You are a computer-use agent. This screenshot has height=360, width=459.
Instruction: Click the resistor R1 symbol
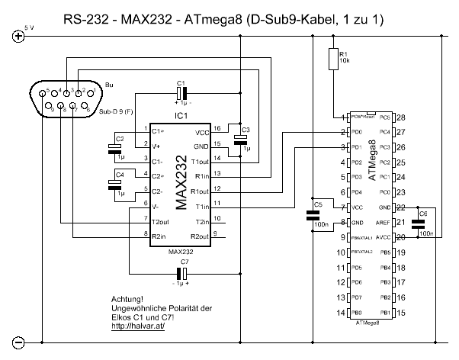coord(333,59)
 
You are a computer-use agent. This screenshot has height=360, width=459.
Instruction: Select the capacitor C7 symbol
coord(182,272)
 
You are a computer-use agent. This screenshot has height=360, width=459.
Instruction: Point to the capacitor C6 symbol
coord(417,223)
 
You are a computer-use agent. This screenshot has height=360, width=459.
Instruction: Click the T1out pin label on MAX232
coord(200,160)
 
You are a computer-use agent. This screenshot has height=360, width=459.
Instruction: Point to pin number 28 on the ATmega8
coord(400,118)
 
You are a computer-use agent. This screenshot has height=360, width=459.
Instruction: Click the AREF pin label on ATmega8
coord(384,222)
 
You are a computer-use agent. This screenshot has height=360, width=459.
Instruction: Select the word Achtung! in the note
coord(127,299)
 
